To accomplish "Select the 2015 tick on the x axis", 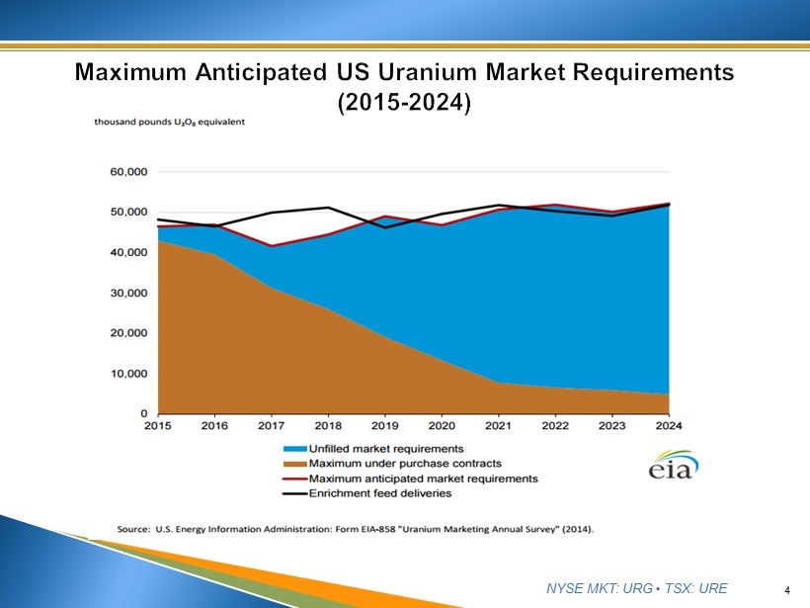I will pyautogui.click(x=157, y=426).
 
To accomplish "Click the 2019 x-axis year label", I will pyautogui.click(x=384, y=426).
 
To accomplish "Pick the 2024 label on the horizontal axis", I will pyautogui.click(x=669, y=426).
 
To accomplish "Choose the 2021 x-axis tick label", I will pyautogui.click(x=499, y=426).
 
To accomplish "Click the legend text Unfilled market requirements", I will pyautogui.click(x=386, y=449).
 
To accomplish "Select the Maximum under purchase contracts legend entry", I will pyautogui.click(x=391, y=464).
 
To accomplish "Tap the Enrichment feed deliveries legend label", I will pyautogui.click(x=380, y=493).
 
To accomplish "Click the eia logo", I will pyautogui.click(x=673, y=467).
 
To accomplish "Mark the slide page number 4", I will pyautogui.click(x=787, y=590).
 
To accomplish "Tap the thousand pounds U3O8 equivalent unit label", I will pyautogui.click(x=169, y=123).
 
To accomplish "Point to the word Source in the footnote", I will pyautogui.click(x=134, y=529).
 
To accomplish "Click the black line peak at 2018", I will pyautogui.click(x=328, y=208).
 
